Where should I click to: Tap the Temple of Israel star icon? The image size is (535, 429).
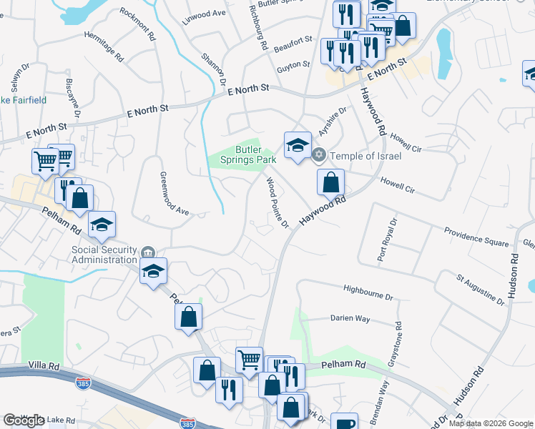point(320,154)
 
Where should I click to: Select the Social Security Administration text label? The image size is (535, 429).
point(104,255)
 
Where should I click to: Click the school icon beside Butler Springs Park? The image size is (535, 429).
point(298,145)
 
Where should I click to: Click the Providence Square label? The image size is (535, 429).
point(476,237)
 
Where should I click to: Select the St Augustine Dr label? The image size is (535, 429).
point(481,288)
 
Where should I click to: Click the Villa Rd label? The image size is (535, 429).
point(41,365)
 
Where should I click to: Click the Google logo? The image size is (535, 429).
point(24,420)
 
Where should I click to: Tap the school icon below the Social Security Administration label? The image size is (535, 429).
point(153,271)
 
